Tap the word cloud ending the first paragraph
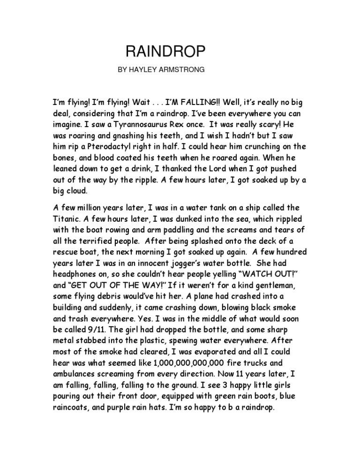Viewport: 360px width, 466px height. point(82,191)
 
